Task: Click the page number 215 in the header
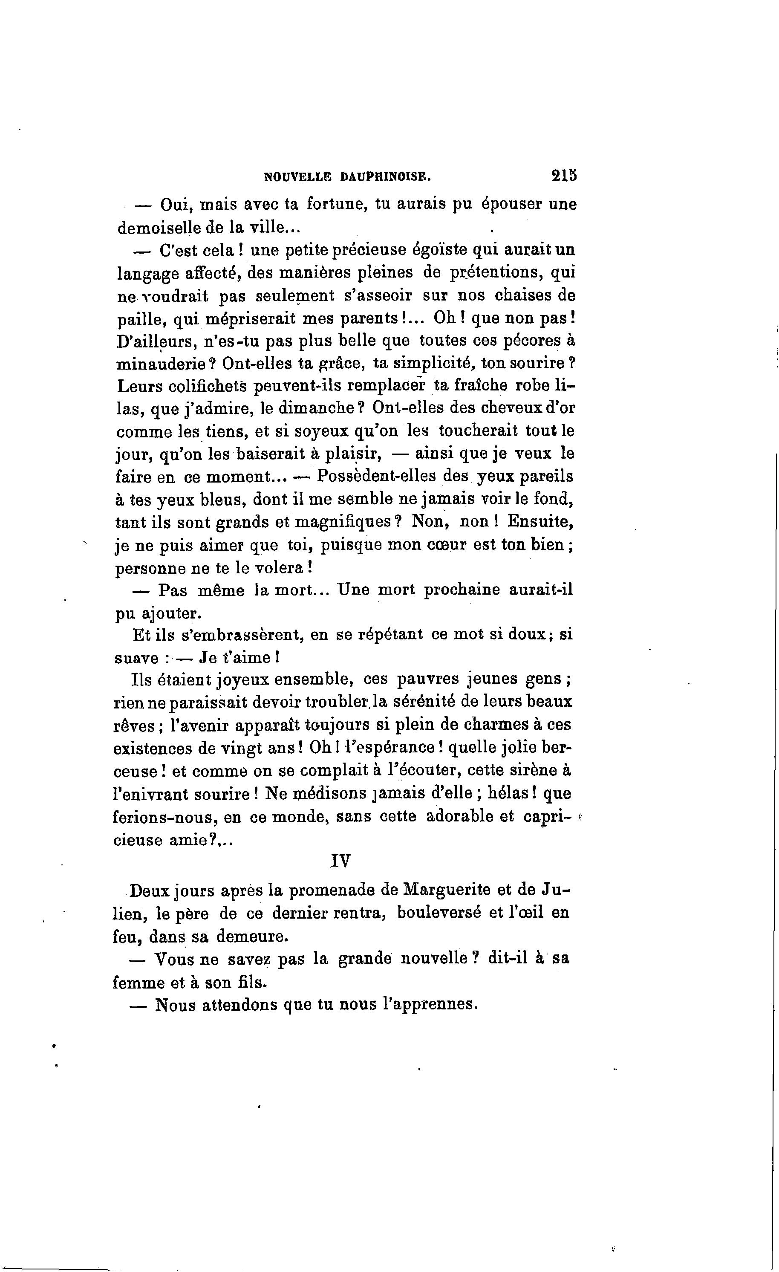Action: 563,176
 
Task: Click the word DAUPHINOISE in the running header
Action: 385,177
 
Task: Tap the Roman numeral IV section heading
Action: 340,861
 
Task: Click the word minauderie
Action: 161,364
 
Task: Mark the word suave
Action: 136,659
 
